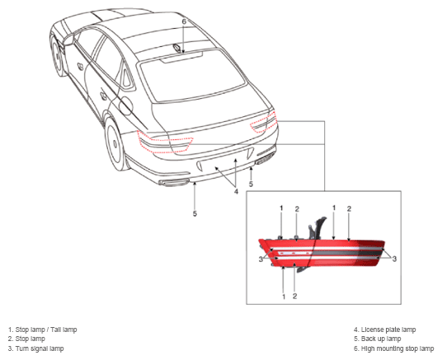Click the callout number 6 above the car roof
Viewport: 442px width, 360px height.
[x=184, y=21]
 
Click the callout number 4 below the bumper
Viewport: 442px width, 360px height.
[x=236, y=192]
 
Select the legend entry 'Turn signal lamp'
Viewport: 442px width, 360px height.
[x=35, y=348]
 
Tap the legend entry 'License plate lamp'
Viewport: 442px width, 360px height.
[x=385, y=330]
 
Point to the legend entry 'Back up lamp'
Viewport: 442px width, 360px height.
[x=378, y=339]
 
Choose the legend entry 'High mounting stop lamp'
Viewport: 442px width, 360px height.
[x=394, y=348]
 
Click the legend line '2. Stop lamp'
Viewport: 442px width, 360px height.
[x=26, y=339]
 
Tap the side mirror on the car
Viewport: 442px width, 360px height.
[x=68, y=40]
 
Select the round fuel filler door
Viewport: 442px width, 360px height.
[x=125, y=105]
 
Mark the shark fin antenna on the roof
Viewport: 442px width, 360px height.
[x=178, y=48]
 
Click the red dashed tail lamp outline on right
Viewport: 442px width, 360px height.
[x=265, y=122]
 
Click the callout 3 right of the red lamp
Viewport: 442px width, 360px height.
[x=394, y=259]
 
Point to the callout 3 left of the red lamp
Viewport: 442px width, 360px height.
[x=261, y=259]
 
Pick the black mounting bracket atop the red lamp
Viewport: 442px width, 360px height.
[x=317, y=227]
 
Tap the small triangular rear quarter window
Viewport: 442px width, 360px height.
[x=127, y=77]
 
